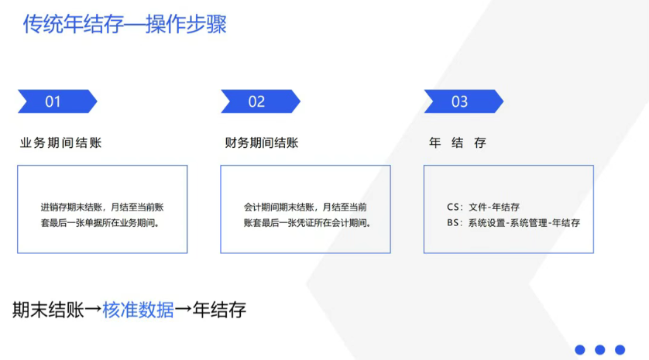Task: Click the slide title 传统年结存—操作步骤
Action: [x=125, y=24]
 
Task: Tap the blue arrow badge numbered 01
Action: [x=57, y=101]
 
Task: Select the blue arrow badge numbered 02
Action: [x=261, y=101]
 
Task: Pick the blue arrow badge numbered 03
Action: [x=464, y=101]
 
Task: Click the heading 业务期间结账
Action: [x=61, y=142]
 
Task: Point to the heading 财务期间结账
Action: [x=262, y=142]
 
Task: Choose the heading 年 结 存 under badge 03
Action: [x=458, y=142]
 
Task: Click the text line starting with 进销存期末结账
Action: [x=102, y=207]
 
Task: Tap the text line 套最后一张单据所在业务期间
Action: [x=100, y=223]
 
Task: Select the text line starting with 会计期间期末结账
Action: [x=305, y=207]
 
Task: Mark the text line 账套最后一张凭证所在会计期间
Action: [x=307, y=223]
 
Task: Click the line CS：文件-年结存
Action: [x=483, y=207]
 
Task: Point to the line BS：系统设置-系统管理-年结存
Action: [x=513, y=223]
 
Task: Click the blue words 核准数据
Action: [x=138, y=310]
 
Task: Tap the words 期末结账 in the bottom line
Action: [x=48, y=310]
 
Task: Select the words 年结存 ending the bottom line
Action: [x=219, y=310]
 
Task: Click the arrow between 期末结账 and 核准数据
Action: [x=93, y=309]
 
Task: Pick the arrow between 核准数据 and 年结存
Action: [x=183, y=309]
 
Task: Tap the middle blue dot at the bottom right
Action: [x=599, y=350]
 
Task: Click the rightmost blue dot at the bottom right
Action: [x=620, y=350]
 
